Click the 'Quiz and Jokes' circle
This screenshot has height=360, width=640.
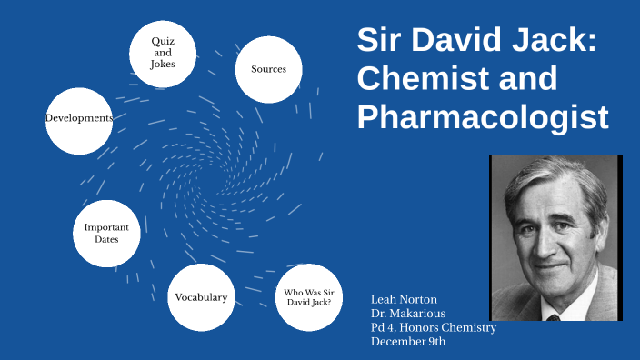[x=163, y=54]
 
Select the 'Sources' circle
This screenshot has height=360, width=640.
[x=268, y=69]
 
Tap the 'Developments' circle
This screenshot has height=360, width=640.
[x=78, y=119]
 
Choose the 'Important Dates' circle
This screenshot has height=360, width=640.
[x=106, y=233]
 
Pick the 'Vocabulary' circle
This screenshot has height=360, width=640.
[x=201, y=297]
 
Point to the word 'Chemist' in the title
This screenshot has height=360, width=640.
[x=409, y=78]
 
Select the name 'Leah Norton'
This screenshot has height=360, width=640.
[x=405, y=299]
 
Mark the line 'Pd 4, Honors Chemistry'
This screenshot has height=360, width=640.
[x=434, y=327]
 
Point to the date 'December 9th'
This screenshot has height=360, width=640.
[x=408, y=342]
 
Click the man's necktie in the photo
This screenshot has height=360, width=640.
[x=554, y=317]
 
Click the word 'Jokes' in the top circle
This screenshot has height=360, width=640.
[x=163, y=64]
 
